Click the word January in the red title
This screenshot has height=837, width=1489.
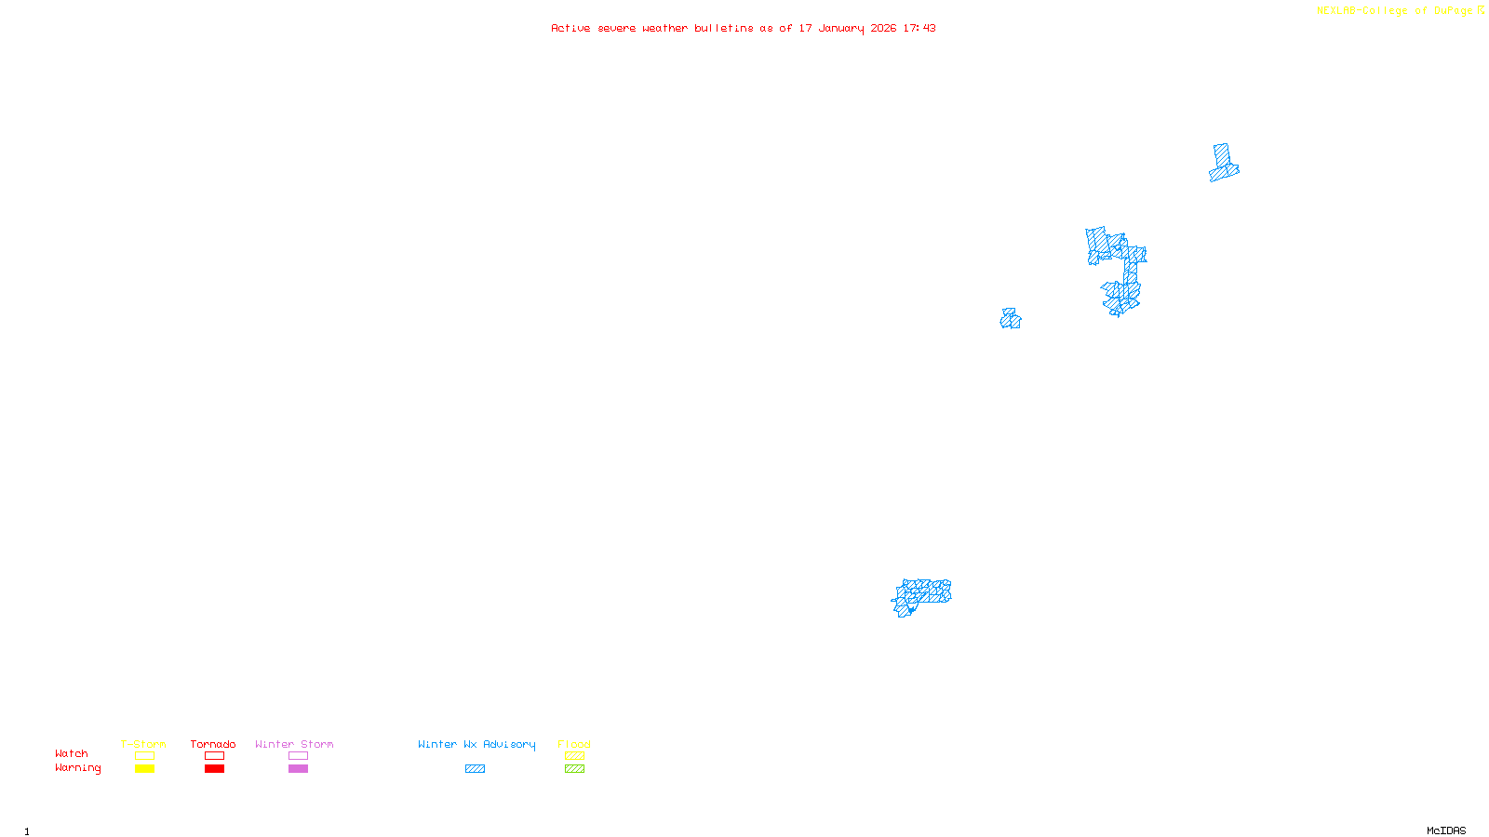click(840, 29)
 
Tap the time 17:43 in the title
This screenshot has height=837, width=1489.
click(919, 29)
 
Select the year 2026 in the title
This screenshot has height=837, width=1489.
click(883, 29)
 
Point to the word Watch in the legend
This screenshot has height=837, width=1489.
click(72, 754)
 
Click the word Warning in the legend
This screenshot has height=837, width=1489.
click(77, 768)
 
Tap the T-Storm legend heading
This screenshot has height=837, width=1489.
click(143, 744)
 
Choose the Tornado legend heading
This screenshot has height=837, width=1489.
click(213, 744)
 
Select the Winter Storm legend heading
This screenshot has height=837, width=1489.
click(294, 744)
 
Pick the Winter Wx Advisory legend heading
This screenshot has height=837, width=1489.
click(476, 744)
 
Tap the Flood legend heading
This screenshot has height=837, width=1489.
click(574, 744)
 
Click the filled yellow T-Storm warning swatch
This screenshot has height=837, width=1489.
click(144, 769)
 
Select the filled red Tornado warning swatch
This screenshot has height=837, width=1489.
click(214, 769)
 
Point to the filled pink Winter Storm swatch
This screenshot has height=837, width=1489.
click(298, 769)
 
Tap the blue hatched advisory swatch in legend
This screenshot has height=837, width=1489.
click(475, 769)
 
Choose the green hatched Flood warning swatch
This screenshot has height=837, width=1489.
click(574, 769)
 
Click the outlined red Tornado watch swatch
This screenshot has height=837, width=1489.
click(214, 756)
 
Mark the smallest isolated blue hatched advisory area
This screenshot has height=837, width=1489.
click(1011, 320)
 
